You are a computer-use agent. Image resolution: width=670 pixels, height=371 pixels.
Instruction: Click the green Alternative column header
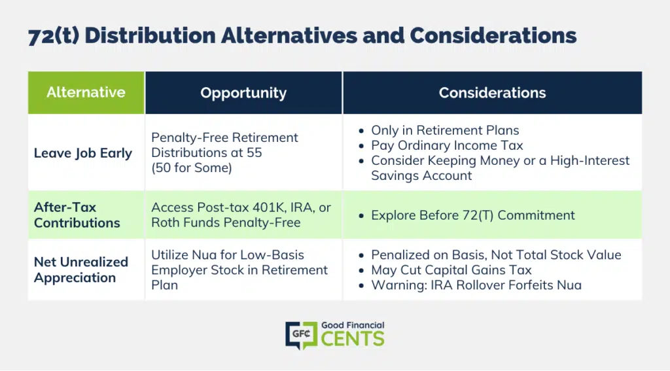click(86, 92)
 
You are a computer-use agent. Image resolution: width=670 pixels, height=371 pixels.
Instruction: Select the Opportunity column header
click(243, 92)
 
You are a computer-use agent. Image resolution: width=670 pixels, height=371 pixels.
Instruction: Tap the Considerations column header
click(492, 92)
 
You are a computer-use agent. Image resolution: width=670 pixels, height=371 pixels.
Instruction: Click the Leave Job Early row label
click(83, 153)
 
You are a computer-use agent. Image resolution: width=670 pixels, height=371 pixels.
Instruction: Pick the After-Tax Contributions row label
click(77, 215)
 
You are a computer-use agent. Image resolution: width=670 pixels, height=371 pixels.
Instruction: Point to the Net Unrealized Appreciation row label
click(80, 270)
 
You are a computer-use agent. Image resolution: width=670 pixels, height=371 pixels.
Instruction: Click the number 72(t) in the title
click(54, 36)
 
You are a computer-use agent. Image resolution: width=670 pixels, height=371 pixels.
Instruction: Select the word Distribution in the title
click(150, 35)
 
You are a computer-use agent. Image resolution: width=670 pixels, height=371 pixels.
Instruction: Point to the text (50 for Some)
click(192, 168)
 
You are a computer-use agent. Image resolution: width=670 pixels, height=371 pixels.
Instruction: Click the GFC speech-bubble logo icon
click(301, 335)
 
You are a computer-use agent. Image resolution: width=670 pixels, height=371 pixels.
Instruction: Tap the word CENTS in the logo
click(353, 339)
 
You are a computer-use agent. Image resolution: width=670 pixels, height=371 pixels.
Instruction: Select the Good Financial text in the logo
click(353, 325)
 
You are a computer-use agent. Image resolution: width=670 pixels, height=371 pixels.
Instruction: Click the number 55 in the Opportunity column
click(254, 152)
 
